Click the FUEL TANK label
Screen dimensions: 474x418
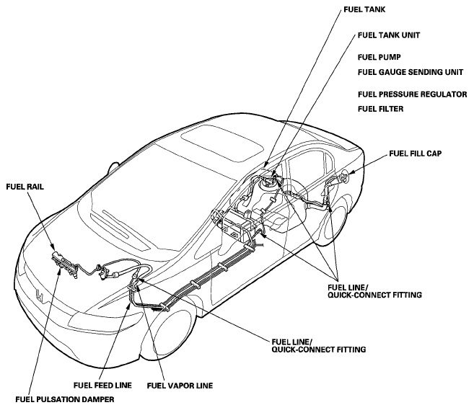(364, 9)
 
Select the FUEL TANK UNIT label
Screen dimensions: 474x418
(389, 35)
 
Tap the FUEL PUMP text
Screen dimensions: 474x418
(379, 58)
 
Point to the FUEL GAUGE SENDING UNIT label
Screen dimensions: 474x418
(411, 72)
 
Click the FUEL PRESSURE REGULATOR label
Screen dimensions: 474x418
(413, 94)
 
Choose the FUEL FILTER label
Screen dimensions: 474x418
(381, 109)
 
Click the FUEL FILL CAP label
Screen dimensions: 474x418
(415, 154)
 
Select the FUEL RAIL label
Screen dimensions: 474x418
(25, 187)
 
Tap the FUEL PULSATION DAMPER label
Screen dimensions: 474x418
(65, 399)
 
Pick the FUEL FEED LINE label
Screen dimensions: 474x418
(102, 386)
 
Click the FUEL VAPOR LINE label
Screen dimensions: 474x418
(180, 386)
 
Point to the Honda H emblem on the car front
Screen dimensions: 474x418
(40, 295)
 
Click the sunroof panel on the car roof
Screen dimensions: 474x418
(222, 144)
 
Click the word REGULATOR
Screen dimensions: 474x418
(439, 94)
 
